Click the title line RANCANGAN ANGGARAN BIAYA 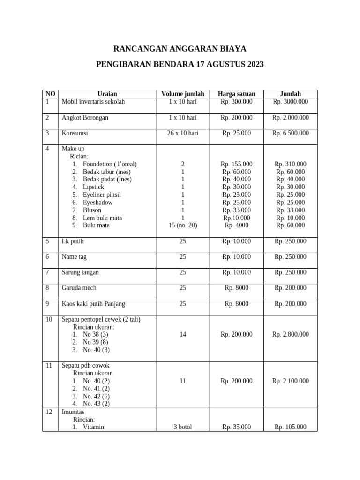click(180, 49)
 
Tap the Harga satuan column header click(236, 94)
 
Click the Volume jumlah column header click(182, 94)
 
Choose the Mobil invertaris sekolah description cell click(93, 101)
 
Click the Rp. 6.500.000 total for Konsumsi click(290, 133)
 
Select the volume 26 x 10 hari click(182, 133)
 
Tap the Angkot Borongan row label click(85, 118)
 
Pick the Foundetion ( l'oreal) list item click(110, 164)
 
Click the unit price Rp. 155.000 click(236, 164)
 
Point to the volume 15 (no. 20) click(182, 225)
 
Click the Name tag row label click(74, 257)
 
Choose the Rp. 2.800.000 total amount click(290, 334)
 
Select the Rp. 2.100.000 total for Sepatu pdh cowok click(290, 381)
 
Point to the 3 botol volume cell click(182, 427)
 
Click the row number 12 click(48, 412)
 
